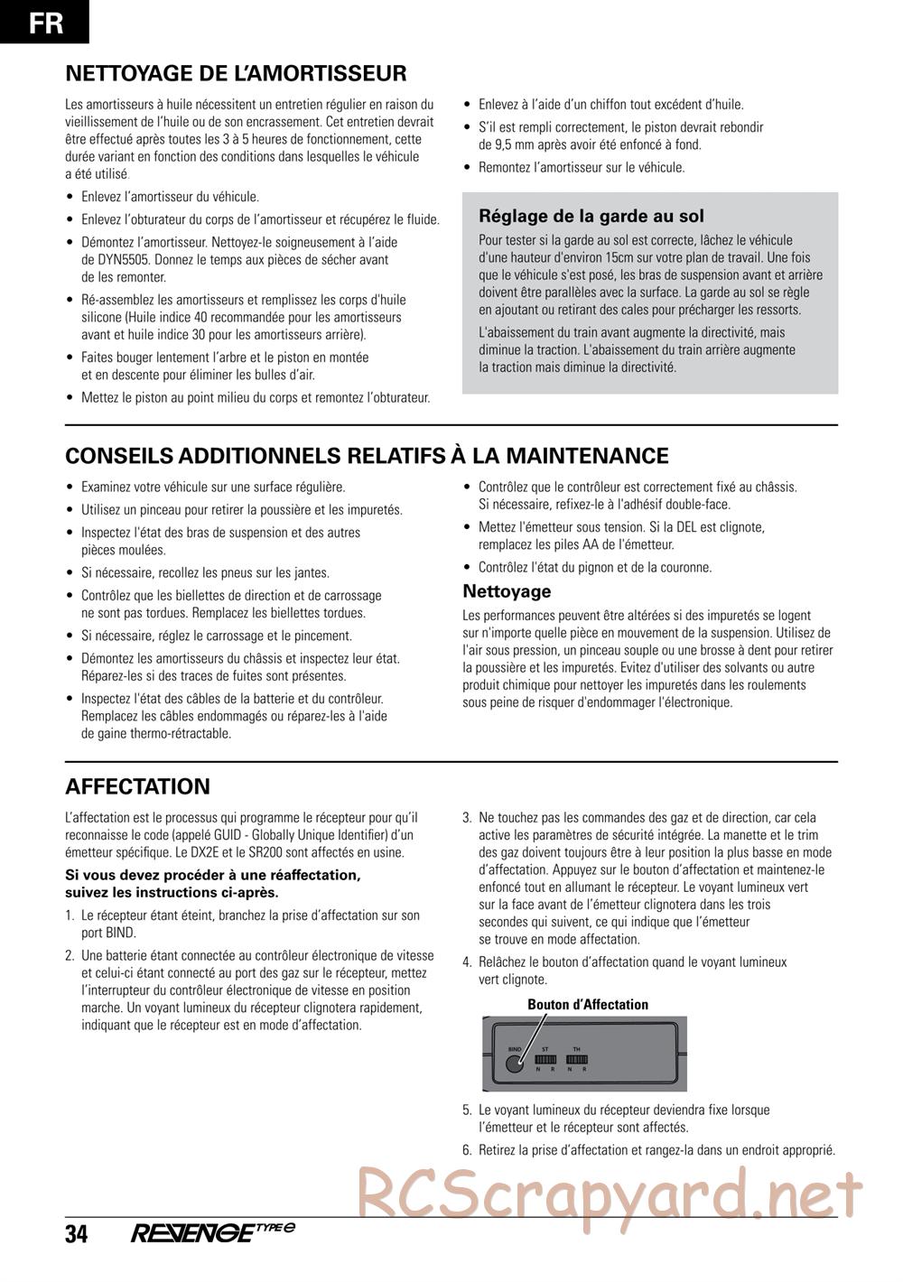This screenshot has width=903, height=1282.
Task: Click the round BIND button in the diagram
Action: tap(514, 1063)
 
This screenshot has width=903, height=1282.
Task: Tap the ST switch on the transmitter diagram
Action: tap(545, 1059)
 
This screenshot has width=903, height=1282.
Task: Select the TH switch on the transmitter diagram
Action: tap(577, 1059)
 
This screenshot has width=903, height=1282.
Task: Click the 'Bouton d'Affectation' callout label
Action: tap(588, 1004)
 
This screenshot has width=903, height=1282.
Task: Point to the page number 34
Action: tap(77, 1234)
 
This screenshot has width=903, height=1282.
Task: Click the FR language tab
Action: tap(45, 22)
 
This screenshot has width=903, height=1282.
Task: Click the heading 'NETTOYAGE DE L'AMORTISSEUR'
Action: tap(236, 73)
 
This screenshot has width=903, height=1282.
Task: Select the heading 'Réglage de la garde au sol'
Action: tap(591, 216)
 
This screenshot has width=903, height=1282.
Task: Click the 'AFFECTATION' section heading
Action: tap(137, 786)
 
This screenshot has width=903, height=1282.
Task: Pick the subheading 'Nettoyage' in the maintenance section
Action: tap(507, 591)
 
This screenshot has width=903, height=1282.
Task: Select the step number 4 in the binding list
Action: tap(467, 962)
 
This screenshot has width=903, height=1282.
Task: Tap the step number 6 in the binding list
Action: tap(467, 1150)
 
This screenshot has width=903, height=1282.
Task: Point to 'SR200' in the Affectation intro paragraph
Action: tap(256, 852)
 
